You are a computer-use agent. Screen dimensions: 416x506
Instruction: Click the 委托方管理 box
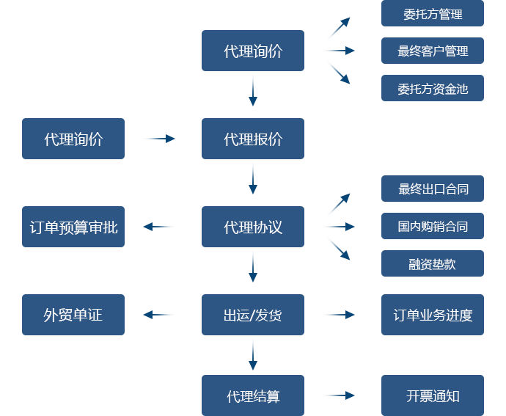(x=432, y=14)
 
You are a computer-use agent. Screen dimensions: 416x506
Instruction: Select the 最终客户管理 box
(x=432, y=51)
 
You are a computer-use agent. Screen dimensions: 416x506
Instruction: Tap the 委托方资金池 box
(x=432, y=88)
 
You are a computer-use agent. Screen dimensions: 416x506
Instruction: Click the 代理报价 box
(x=252, y=138)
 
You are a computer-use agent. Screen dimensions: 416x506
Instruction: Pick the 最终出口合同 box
(x=432, y=189)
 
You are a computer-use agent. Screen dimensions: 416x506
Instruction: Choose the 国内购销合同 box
(x=432, y=226)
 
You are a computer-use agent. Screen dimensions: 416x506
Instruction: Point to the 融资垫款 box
(x=432, y=263)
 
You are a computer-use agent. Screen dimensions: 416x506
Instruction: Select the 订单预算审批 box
(x=73, y=226)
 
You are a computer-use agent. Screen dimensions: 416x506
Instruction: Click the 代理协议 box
(x=252, y=226)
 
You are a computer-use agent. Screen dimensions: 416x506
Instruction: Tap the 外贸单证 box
(x=73, y=314)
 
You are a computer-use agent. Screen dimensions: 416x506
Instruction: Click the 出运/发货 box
(x=252, y=314)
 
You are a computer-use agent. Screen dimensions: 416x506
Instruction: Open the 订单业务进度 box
(x=432, y=314)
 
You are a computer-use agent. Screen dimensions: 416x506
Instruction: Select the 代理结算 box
(x=252, y=395)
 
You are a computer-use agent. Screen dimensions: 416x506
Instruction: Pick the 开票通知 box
(x=432, y=395)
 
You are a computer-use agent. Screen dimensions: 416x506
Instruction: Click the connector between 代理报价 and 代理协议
(x=252, y=178)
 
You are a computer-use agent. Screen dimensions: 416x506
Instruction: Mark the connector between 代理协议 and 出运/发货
(x=252, y=266)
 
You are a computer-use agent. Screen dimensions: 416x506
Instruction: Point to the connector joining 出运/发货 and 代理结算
(x=252, y=354)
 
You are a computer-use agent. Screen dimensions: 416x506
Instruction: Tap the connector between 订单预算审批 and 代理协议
(x=158, y=227)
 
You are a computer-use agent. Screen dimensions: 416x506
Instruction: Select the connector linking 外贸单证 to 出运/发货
(x=158, y=315)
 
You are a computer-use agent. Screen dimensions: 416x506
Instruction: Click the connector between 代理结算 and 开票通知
(x=339, y=395)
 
